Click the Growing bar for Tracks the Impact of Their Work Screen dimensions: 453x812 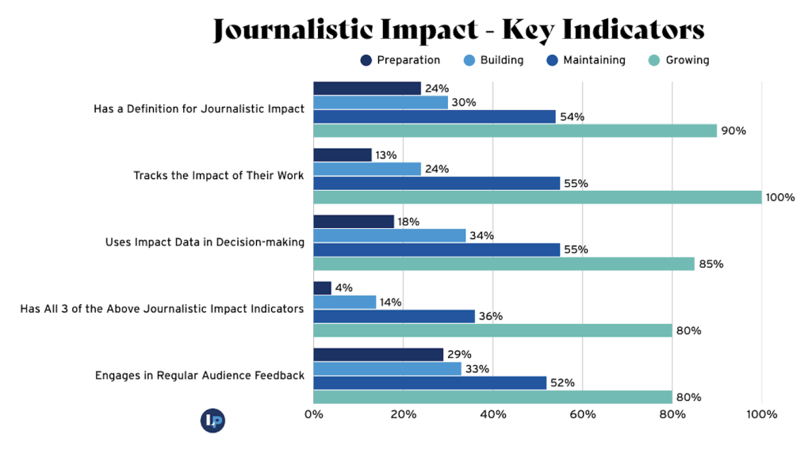pos(538,197)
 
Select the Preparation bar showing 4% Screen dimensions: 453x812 pos(322,287)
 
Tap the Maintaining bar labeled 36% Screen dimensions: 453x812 pos(394,316)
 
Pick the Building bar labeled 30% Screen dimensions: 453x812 pos(381,102)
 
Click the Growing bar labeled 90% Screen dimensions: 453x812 pos(515,131)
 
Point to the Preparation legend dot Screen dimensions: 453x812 pos(366,60)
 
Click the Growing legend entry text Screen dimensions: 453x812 pos(688,60)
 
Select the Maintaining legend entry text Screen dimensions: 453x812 pos(594,60)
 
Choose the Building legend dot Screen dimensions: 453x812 pos(469,60)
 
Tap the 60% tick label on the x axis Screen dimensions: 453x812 pos(583,414)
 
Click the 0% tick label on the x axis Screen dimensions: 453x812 pos(313,414)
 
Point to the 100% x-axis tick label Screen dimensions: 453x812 pos(762,414)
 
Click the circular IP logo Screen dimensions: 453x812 pos(213,421)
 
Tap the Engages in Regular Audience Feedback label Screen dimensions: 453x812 pos(199,375)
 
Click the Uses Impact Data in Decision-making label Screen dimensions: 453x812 pos(205,242)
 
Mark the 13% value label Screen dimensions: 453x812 pos(387,155)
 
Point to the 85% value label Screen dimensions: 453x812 pos(710,264)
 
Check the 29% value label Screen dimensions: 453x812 pos(459,355)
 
